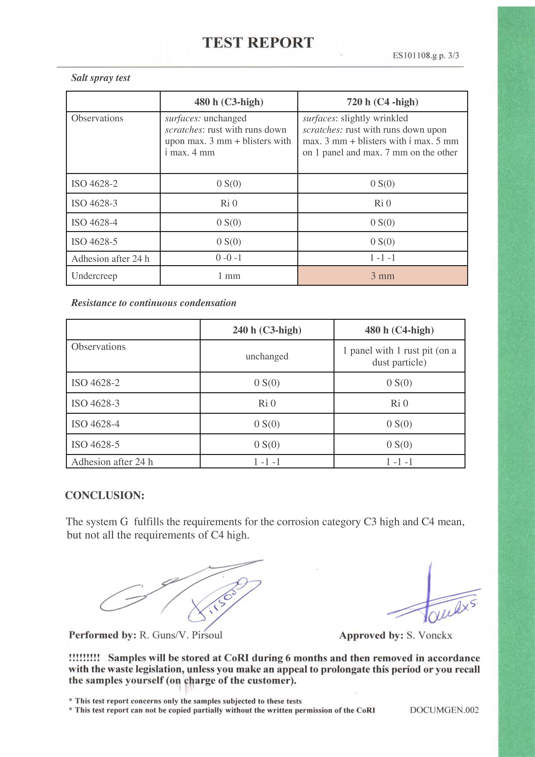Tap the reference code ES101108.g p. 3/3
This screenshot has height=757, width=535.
coord(426,55)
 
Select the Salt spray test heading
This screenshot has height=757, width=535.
coord(101,78)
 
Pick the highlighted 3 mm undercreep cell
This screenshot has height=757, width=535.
coord(382,276)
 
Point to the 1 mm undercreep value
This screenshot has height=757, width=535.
coord(229,276)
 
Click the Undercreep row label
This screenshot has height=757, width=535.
coord(94,276)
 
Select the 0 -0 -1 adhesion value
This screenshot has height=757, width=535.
coord(229,258)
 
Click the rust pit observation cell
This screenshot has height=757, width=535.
coord(399,356)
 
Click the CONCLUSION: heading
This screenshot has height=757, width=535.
coord(105,495)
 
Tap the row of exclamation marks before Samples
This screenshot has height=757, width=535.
coord(84,658)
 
